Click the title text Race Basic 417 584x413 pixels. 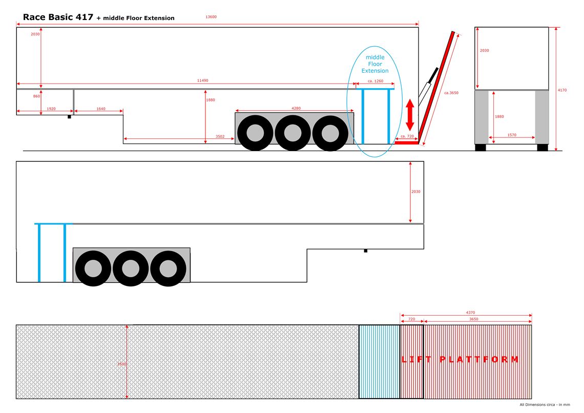[x=58, y=17]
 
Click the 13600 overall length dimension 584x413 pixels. [x=211, y=17]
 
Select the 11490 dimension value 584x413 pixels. [x=203, y=80]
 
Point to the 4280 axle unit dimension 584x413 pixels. [x=296, y=108]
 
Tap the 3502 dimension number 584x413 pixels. [x=219, y=136]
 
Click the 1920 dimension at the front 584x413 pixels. [x=51, y=109]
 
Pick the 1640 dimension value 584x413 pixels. [x=100, y=109]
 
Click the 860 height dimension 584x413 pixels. [x=36, y=96]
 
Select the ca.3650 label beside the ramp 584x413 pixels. [x=451, y=93]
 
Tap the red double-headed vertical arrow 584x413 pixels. [x=410, y=115]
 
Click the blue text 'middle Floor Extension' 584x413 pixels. [x=375, y=64]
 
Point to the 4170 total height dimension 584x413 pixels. [x=562, y=90]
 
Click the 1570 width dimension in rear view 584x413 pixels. [x=512, y=135]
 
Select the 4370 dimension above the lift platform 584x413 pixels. [x=470, y=312]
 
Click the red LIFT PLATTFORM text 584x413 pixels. [x=460, y=359]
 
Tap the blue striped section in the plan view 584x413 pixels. [x=379, y=361]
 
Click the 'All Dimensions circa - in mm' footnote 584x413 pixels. [x=545, y=405]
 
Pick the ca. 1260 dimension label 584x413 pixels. [x=376, y=81]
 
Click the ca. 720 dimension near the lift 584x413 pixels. [x=407, y=136]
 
